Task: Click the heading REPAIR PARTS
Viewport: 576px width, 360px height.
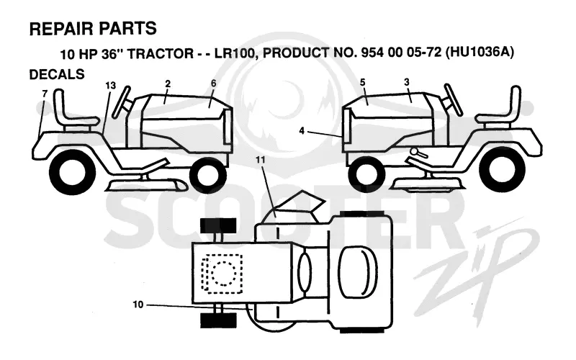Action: (93, 29)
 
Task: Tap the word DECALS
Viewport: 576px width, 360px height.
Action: (57, 74)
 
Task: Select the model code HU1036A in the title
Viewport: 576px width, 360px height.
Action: (480, 52)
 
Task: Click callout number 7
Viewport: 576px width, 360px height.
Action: (45, 94)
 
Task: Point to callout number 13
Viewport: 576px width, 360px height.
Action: (111, 86)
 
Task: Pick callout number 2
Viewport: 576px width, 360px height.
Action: (168, 84)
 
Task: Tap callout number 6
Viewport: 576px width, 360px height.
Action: (213, 84)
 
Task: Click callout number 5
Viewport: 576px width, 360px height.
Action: (363, 82)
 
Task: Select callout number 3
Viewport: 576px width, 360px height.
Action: (406, 82)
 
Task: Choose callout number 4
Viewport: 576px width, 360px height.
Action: (302, 130)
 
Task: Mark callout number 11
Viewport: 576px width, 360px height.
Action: (261, 160)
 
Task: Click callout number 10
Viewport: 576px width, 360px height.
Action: (138, 305)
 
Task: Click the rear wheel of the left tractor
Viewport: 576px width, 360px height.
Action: (73, 172)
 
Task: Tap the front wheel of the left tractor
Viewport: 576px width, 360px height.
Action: (207, 176)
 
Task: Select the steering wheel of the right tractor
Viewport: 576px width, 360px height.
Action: (453, 99)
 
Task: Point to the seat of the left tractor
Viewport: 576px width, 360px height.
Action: (73, 109)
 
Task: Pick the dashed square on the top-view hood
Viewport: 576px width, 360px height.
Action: (222, 274)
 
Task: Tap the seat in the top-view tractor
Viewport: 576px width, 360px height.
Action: (358, 272)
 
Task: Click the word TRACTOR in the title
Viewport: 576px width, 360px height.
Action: (160, 53)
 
